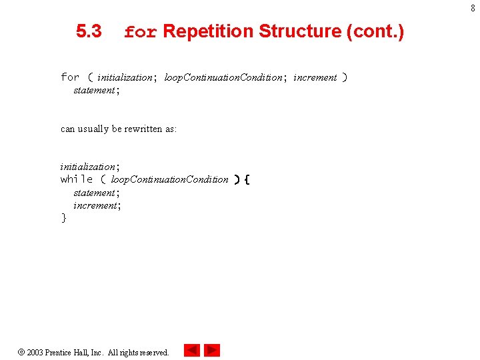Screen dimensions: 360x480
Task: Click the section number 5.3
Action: point(89,31)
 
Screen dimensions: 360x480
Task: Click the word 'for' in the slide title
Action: point(140,32)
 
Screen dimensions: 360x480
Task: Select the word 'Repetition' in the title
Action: point(208,31)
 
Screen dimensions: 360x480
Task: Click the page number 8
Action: point(473,8)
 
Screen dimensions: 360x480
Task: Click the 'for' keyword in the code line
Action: point(70,77)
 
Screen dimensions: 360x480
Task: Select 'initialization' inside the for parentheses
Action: point(125,77)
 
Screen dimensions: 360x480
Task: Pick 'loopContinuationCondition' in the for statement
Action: point(223,77)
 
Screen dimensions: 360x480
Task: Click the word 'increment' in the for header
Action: point(315,77)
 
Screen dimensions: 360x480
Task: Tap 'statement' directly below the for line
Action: point(94,90)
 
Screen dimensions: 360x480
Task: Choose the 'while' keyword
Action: point(77,179)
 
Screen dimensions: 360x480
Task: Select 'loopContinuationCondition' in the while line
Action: point(169,179)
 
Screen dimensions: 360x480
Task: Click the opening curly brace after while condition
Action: point(247,179)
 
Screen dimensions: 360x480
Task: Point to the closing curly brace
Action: point(64,218)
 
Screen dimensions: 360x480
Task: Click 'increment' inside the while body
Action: point(94,205)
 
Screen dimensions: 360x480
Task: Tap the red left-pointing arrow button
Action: point(191,350)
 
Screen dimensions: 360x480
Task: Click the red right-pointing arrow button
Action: point(212,350)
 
